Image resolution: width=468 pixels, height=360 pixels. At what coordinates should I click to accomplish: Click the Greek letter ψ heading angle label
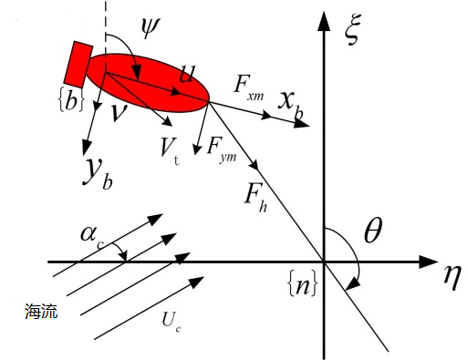(x=150, y=27)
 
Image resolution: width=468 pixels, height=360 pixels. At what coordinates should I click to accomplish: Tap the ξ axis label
(x=351, y=29)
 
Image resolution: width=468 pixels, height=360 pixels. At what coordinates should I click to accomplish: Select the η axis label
(x=452, y=278)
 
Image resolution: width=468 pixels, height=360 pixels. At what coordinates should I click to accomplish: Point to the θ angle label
(x=373, y=231)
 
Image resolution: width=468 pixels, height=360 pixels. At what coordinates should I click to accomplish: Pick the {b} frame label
(x=70, y=99)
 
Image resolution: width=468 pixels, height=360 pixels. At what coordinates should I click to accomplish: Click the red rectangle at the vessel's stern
(x=78, y=63)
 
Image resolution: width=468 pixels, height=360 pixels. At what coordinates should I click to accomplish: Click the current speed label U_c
(x=172, y=322)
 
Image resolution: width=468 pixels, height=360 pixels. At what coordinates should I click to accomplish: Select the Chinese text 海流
(x=41, y=311)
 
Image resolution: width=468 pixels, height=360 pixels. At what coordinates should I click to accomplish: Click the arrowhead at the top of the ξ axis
(x=324, y=21)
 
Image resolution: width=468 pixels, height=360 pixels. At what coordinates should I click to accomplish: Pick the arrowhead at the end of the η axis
(x=429, y=262)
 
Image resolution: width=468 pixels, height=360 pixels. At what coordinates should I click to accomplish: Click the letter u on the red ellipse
(x=186, y=74)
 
